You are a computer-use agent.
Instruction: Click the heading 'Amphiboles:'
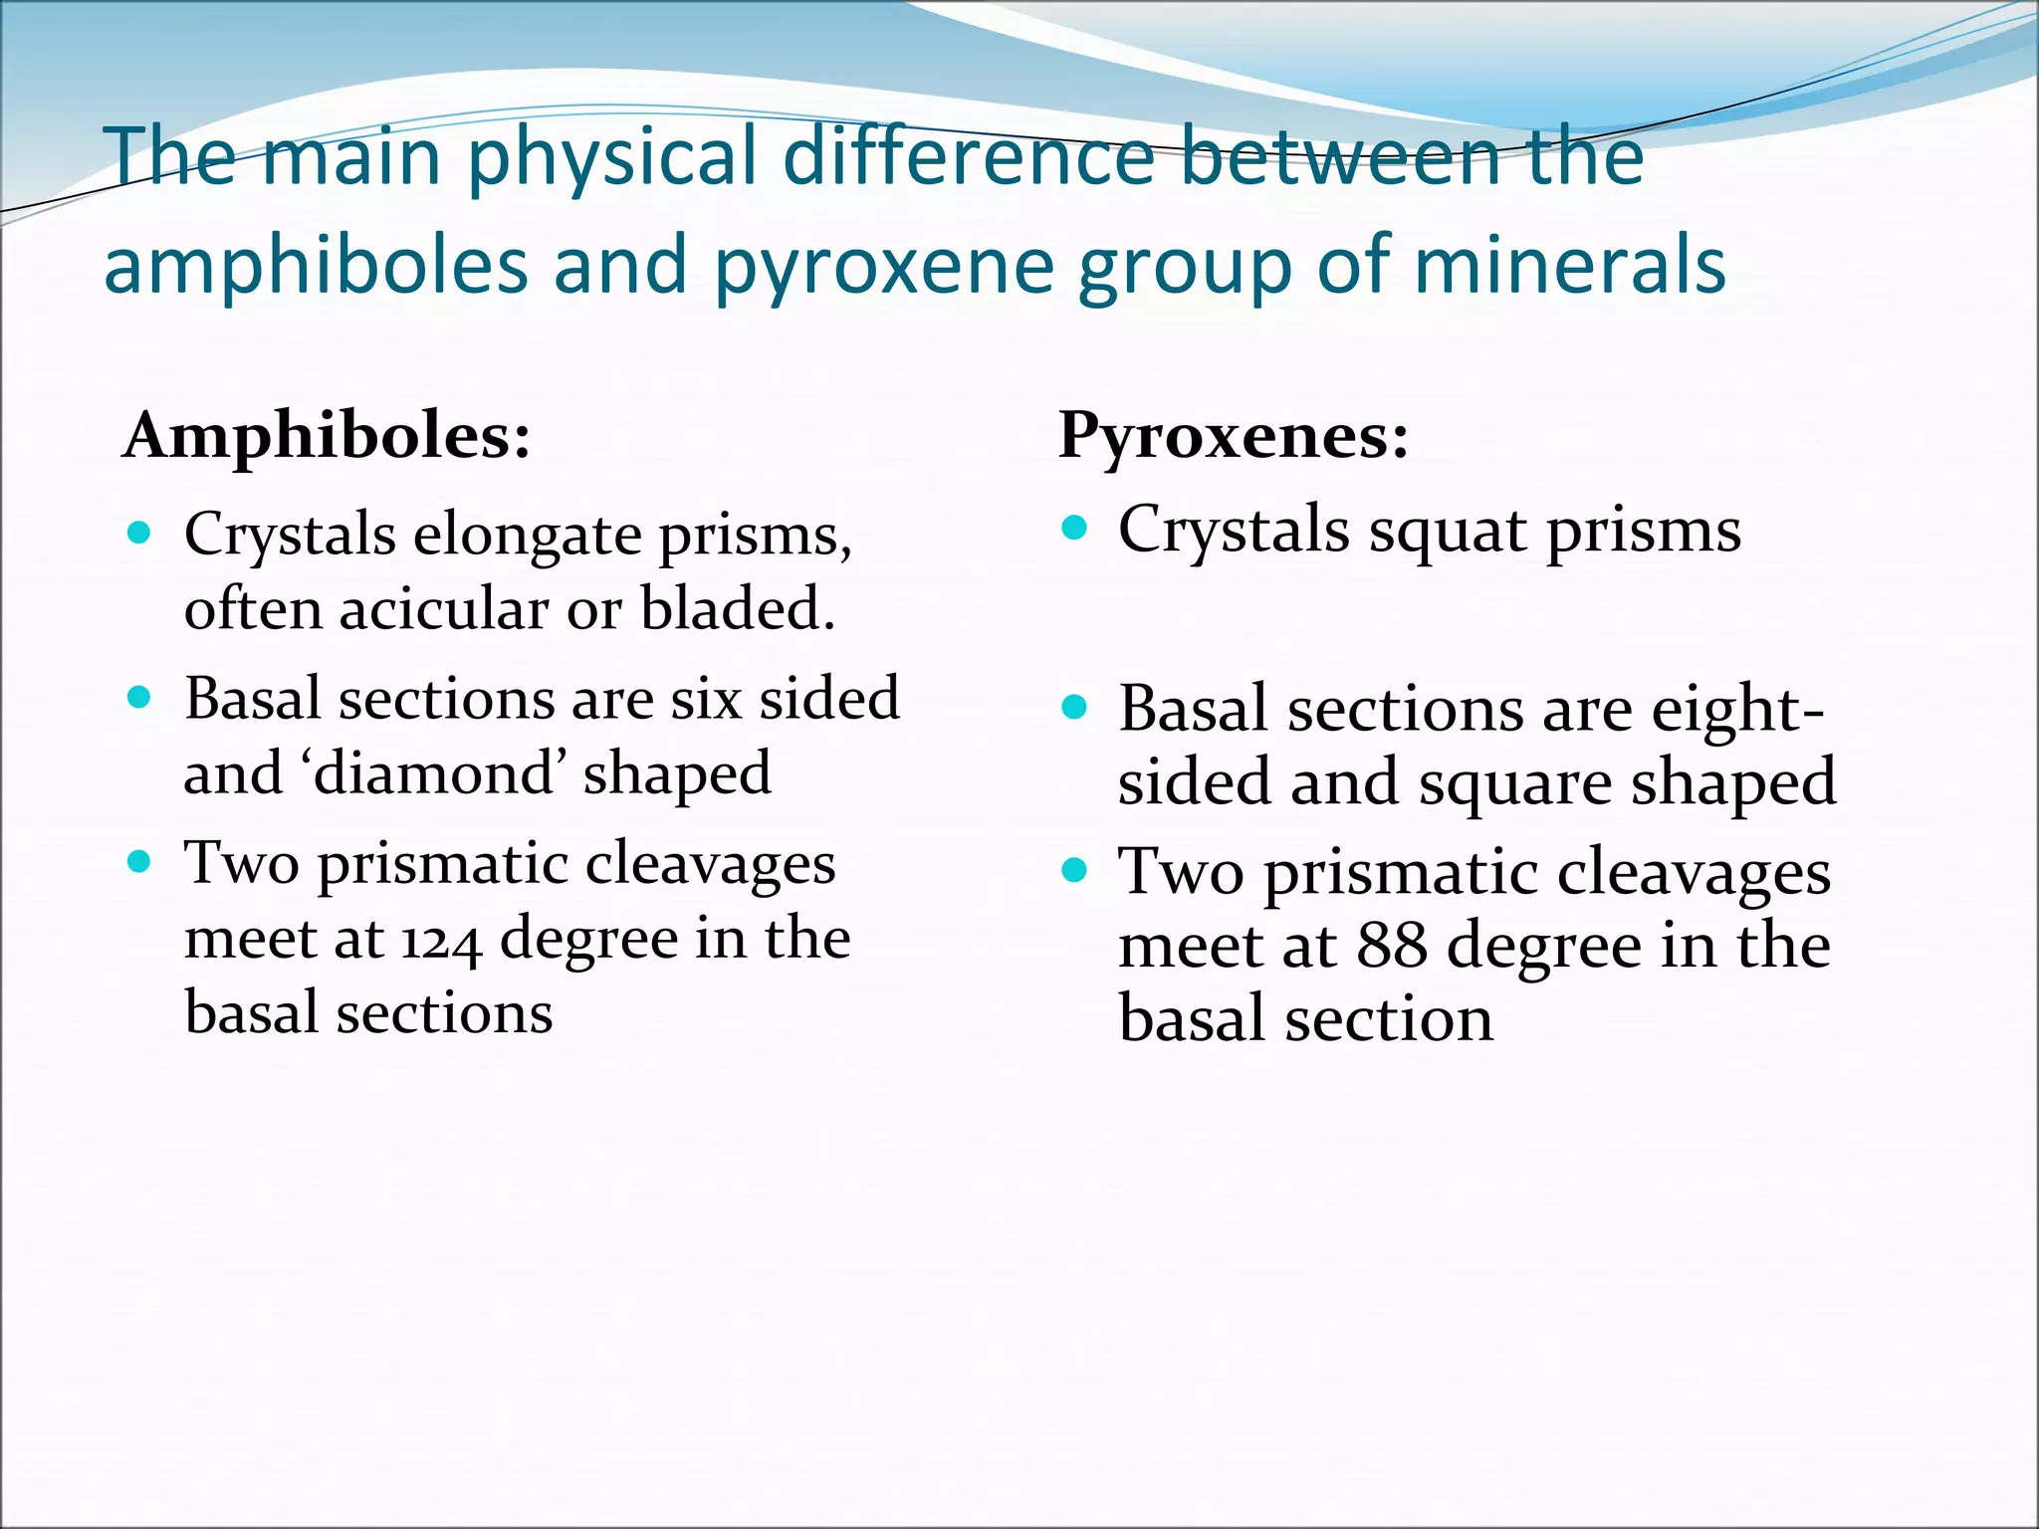[x=327, y=436]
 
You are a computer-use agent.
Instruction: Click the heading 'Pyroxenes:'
[x=1234, y=435]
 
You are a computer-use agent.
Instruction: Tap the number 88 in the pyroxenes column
[x=1392, y=946]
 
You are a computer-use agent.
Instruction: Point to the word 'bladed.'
[x=738, y=608]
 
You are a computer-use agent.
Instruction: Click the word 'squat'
[x=1449, y=531]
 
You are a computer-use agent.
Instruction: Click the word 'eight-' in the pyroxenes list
[x=1737, y=711]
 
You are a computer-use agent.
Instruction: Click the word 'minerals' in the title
[x=1570, y=266]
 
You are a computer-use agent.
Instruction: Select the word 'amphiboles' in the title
[x=316, y=266]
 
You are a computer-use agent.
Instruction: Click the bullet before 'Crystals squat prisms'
[x=1074, y=527]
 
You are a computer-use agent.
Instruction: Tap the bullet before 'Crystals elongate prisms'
[x=140, y=532]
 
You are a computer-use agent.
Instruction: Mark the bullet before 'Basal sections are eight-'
[x=1074, y=708]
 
